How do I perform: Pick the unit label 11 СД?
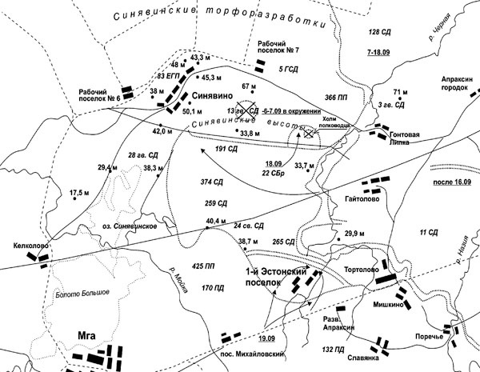(430, 233)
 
